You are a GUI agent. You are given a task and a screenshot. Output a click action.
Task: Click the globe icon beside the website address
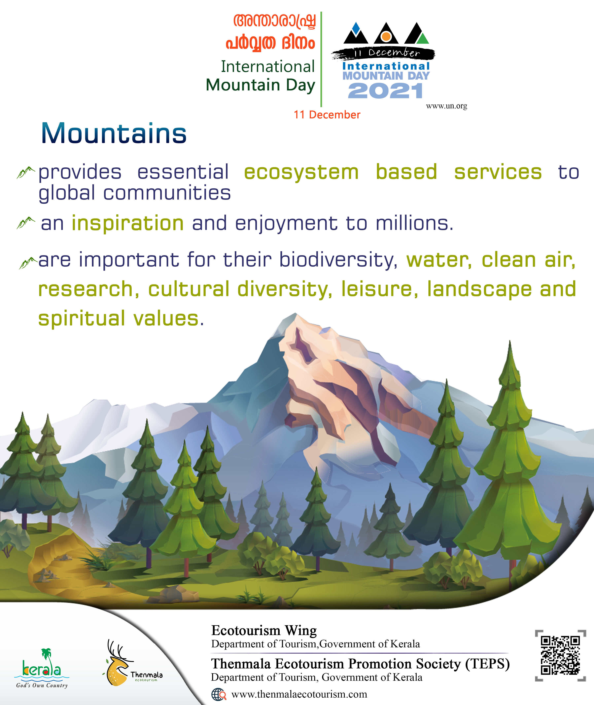tap(218, 694)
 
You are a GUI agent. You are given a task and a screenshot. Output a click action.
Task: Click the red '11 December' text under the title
tap(327, 115)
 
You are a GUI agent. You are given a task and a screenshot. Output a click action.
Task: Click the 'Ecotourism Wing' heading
tap(264, 630)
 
